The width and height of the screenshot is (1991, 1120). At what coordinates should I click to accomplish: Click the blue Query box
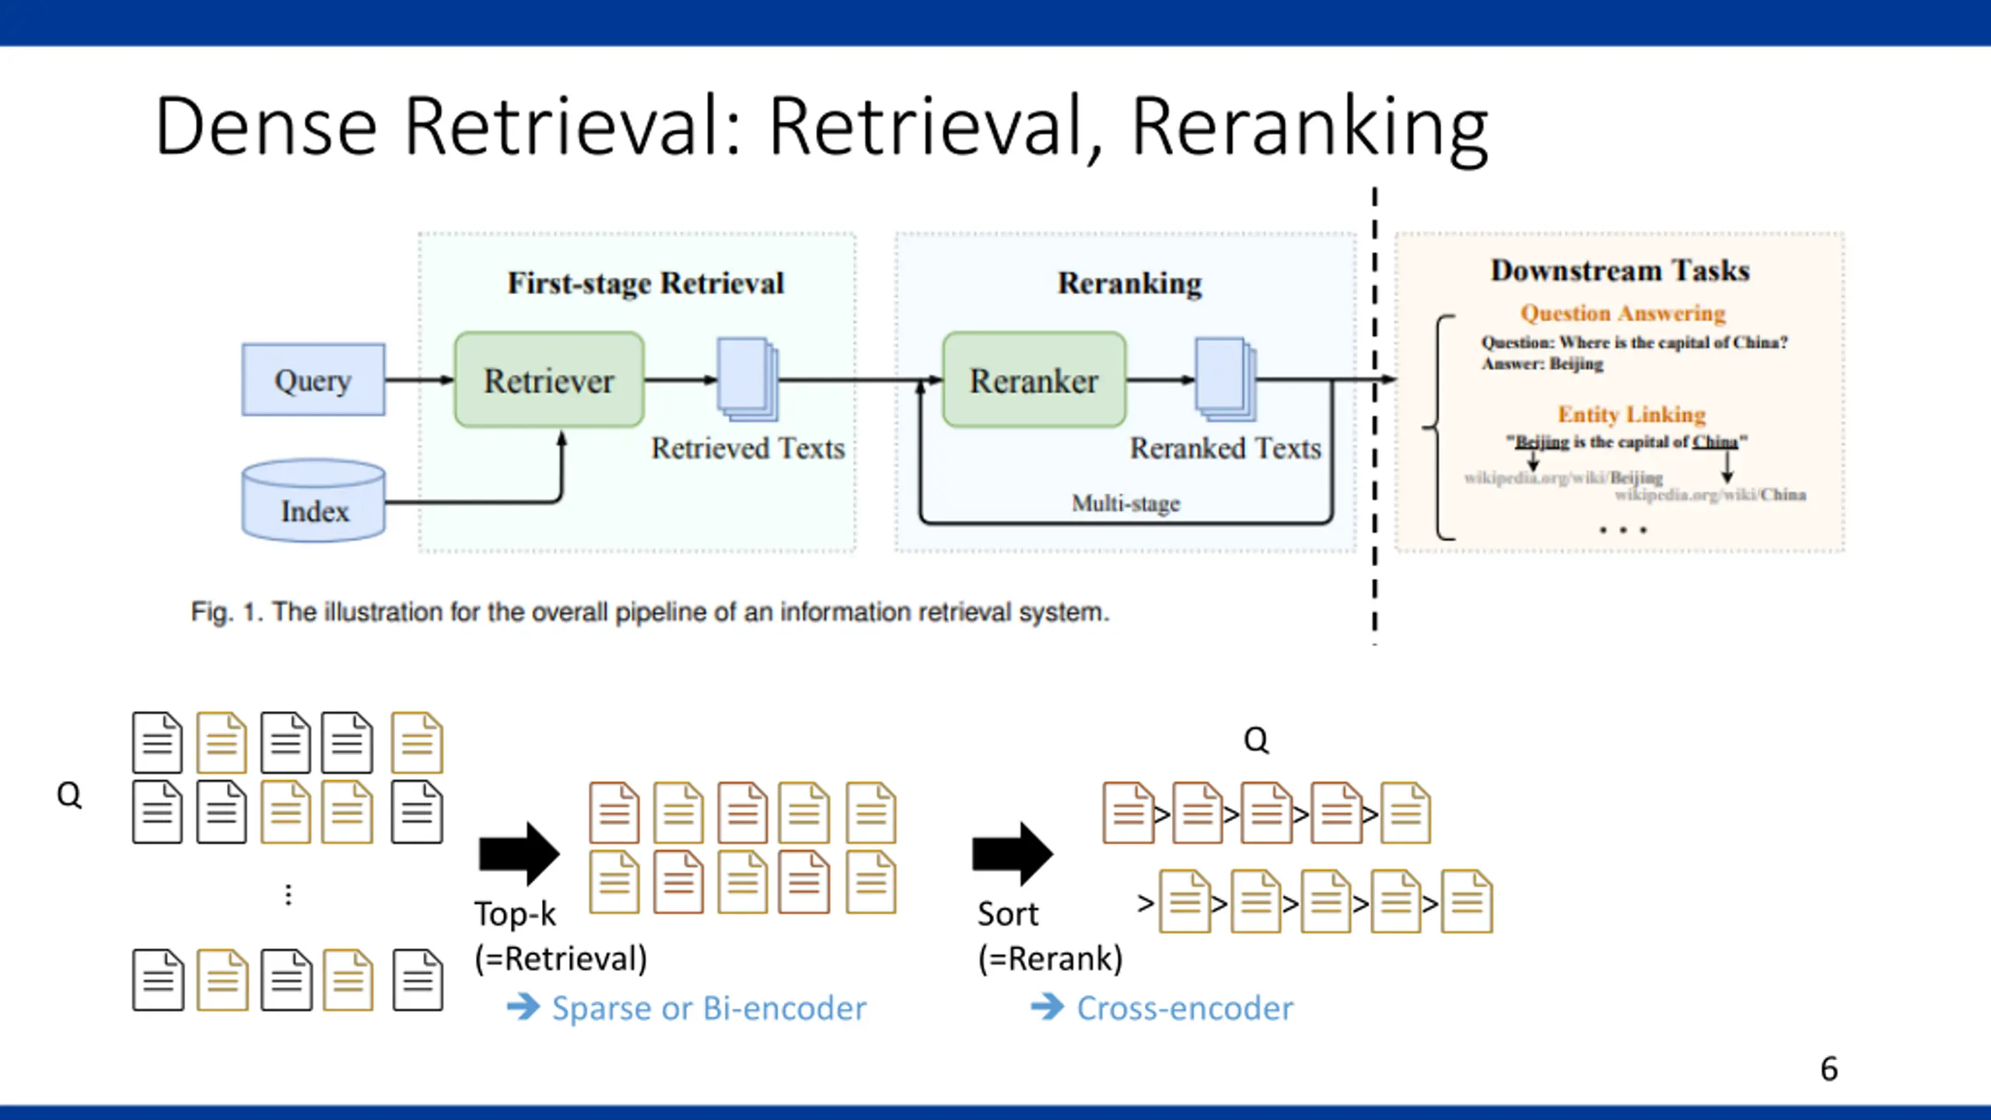click(313, 380)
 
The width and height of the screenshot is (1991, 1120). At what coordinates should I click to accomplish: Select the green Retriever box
click(549, 380)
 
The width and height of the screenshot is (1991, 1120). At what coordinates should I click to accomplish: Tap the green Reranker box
click(1034, 380)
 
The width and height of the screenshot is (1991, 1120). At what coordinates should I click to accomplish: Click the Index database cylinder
click(313, 500)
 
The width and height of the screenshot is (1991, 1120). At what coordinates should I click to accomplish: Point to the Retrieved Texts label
click(747, 448)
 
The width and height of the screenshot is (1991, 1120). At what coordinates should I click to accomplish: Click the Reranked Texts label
click(1226, 448)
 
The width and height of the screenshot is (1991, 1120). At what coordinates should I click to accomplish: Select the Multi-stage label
click(1126, 503)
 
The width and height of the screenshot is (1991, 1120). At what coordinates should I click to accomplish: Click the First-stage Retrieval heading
click(646, 283)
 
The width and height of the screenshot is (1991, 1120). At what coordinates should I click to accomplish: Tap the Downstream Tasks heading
click(1620, 270)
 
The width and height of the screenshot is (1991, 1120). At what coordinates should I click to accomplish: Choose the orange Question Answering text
click(1623, 313)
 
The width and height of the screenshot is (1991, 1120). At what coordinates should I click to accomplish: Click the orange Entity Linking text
click(1632, 414)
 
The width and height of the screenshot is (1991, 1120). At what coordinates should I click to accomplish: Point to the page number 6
click(1829, 1069)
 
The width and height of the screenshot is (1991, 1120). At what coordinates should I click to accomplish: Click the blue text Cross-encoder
click(1185, 1008)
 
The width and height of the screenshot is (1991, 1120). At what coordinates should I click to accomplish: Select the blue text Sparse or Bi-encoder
click(709, 1008)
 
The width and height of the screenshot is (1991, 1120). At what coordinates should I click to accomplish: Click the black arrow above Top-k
click(520, 853)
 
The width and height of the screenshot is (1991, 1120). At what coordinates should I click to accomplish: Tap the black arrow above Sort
click(1013, 853)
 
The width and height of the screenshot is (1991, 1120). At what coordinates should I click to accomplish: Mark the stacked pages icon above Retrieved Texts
click(747, 379)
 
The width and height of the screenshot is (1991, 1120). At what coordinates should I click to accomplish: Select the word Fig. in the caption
click(212, 613)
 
